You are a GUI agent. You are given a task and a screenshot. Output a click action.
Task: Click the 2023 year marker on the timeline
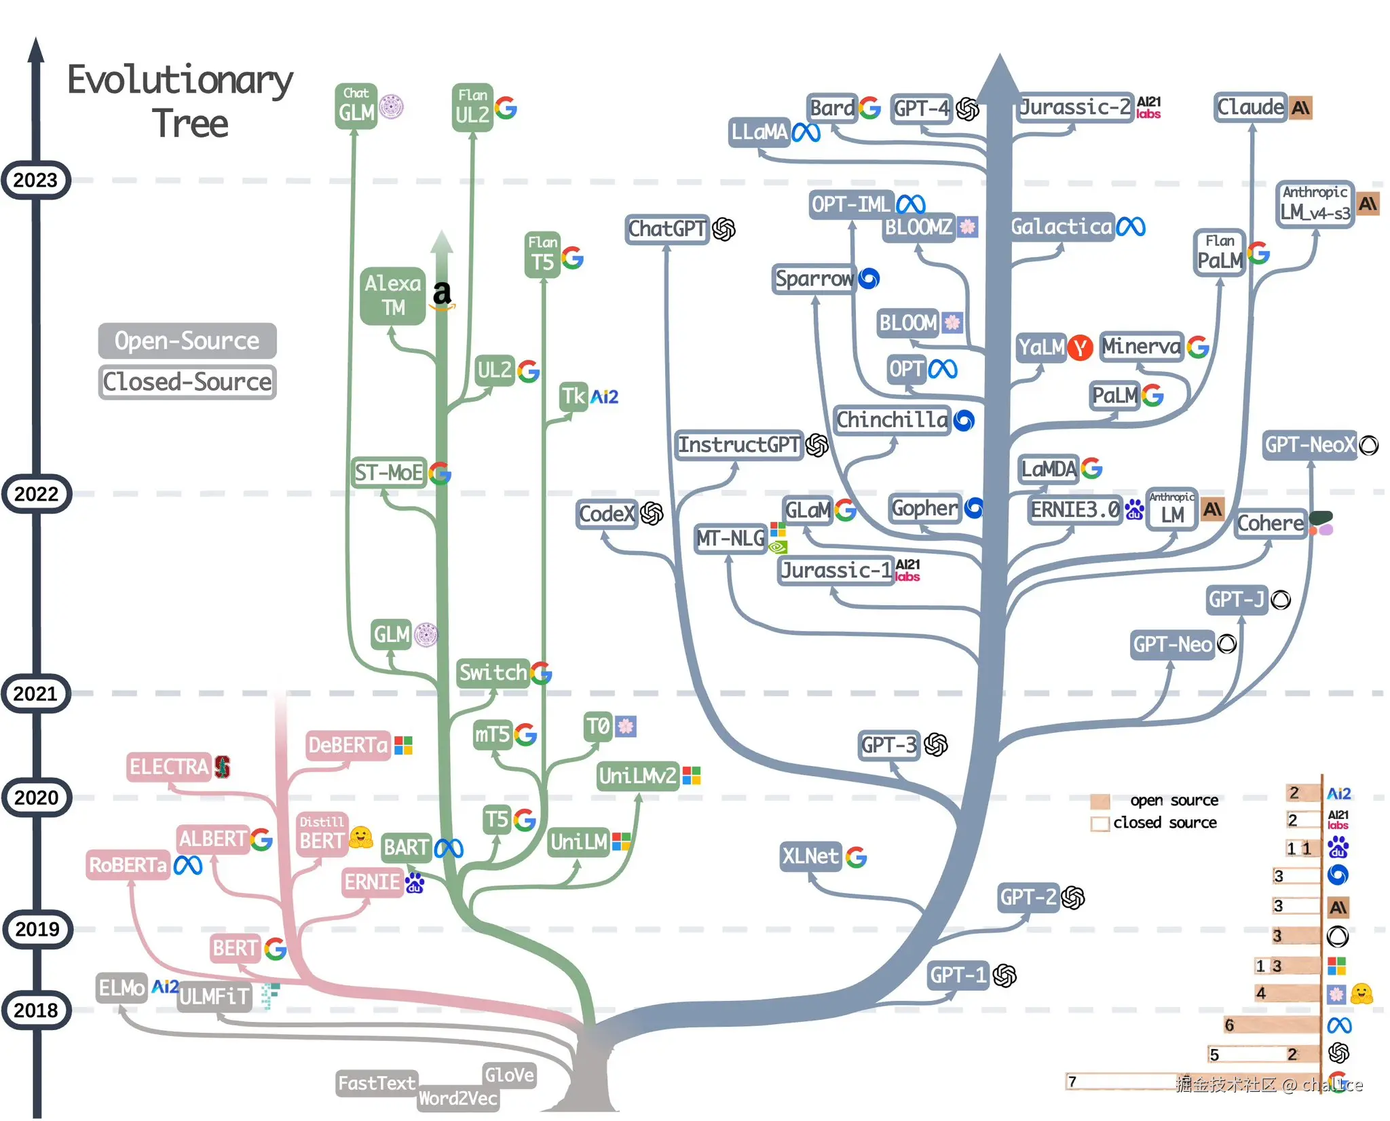[36, 180]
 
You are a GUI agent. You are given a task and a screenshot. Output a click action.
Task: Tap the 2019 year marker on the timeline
[37, 929]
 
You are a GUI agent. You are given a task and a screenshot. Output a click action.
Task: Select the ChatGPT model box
[666, 229]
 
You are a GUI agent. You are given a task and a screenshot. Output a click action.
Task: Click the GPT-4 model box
[921, 108]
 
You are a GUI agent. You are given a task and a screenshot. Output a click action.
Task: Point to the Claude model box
[1250, 107]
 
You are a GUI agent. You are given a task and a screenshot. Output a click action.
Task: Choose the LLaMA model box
[759, 132]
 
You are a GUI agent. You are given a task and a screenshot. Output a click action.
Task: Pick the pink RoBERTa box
[128, 865]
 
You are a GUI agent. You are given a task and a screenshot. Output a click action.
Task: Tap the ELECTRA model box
[168, 767]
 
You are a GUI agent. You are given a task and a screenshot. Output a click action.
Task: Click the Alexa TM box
[393, 295]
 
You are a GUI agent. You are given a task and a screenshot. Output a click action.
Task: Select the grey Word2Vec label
[457, 1098]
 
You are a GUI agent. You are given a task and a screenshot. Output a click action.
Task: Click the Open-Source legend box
[187, 341]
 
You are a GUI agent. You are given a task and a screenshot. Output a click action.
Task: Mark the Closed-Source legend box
[187, 382]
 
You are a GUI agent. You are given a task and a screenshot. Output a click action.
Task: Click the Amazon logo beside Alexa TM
[443, 294]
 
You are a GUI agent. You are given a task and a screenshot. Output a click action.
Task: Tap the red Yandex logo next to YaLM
[1079, 348]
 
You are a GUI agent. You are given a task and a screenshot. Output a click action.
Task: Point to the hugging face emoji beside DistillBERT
[360, 838]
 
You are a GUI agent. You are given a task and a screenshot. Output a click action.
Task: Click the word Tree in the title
[190, 123]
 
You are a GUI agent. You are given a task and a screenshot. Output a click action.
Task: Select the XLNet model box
[810, 856]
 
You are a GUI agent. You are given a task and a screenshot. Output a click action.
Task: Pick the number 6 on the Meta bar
[1229, 1025]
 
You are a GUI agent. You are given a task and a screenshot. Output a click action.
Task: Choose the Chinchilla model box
[891, 420]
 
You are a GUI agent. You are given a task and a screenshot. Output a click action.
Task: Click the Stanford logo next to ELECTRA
[223, 767]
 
